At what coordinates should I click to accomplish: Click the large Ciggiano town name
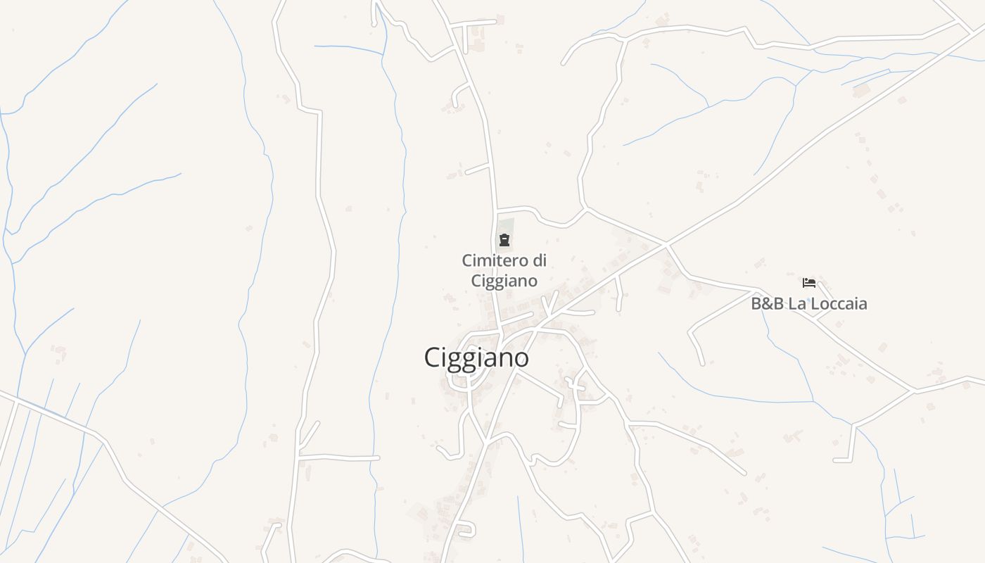point(476,358)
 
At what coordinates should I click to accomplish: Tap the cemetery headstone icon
point(504,240)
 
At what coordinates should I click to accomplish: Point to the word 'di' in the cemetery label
point(540,260)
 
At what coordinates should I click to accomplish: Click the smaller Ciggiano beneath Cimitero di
point(504,281)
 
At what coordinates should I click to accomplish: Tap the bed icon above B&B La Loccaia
point(809,283)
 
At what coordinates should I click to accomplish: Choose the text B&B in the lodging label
point(767,304)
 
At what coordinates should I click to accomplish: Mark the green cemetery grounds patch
point(507,227)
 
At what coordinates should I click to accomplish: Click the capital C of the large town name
point(432,358)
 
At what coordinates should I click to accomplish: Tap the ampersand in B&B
point(767,304)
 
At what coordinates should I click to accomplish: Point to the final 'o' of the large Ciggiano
point(521,359)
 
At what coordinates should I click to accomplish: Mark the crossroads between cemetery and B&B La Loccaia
point(665,244)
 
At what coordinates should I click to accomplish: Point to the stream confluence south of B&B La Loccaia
point(813,402)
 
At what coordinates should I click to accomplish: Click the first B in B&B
point(757,304)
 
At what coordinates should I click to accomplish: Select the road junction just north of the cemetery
point(497,210)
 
